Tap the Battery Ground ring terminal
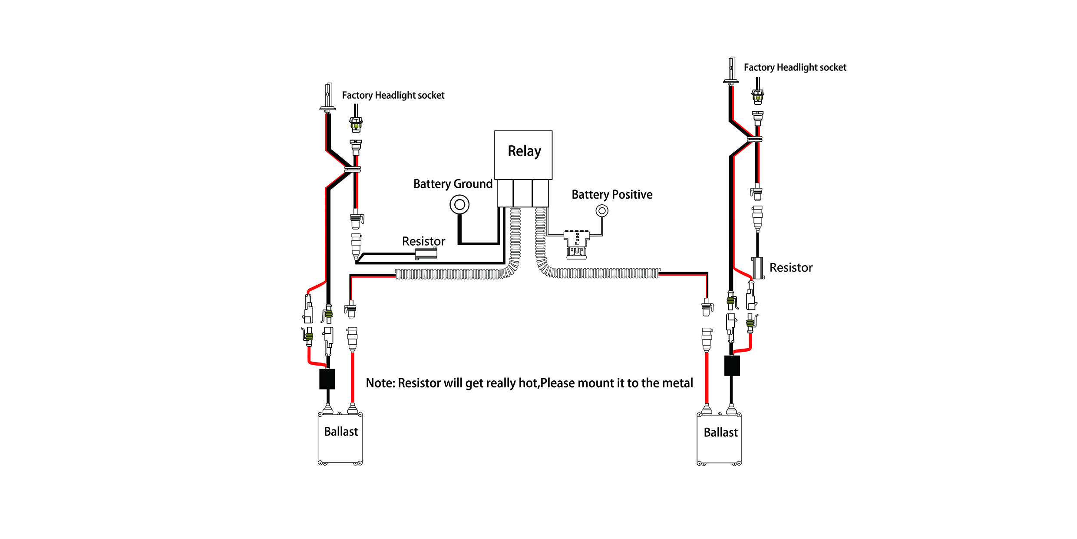click(459, 204)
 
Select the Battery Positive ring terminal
click(602, 211)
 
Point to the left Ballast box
click(340, 438)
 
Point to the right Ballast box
click(719, 439)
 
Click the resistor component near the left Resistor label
click(426, 253)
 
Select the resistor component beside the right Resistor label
click(758, 268)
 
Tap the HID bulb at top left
click(328, 98)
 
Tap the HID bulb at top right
click(732, 71)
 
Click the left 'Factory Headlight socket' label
click(393, 95)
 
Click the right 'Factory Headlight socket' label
click(795, 67)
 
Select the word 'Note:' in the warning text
click(380, 383)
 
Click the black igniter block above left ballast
click(327, 379)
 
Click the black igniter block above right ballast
click(732, 366)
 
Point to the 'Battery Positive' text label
click(611, 194)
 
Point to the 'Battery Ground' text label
click(453, 184)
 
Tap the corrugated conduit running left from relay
click(452, 274)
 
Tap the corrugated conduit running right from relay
click(608, 273)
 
